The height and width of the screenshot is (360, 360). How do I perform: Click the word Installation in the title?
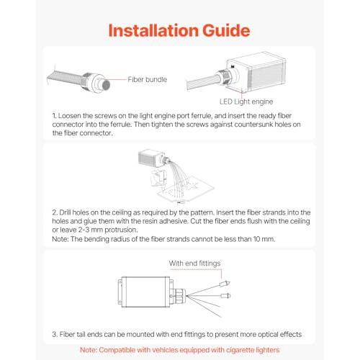(x=153, y=30)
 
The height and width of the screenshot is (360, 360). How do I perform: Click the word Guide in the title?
(x=226, y=30)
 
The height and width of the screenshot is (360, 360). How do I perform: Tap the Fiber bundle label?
(x=148, y=79)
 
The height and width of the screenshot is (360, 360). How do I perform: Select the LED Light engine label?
(x=246, y=102)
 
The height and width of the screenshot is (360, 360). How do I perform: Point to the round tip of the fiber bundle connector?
(x=105, y=84)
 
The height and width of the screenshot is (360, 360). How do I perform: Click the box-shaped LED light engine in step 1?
(x=257, y=72)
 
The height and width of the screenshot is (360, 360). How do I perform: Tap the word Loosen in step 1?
(x=69, y=116)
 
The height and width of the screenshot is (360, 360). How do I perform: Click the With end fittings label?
(x=194, y=264)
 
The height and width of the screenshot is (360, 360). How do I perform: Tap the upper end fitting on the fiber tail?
(x=225, y=284)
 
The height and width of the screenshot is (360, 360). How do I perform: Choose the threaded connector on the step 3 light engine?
(x=179, y=294)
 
